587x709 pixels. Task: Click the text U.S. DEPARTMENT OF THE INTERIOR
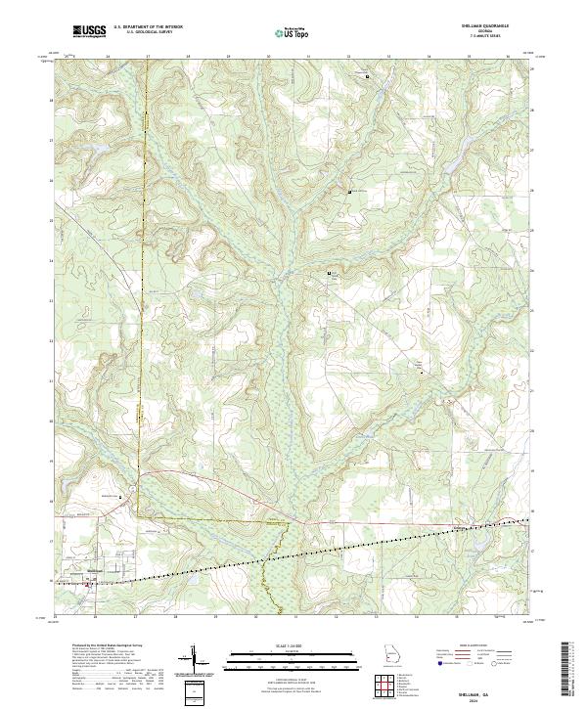click(149, 27)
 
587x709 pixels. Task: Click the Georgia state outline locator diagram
click(393, 654)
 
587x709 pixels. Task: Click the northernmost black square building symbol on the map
click(367, 76)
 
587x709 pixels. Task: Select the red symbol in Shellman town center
click(90, 586)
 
